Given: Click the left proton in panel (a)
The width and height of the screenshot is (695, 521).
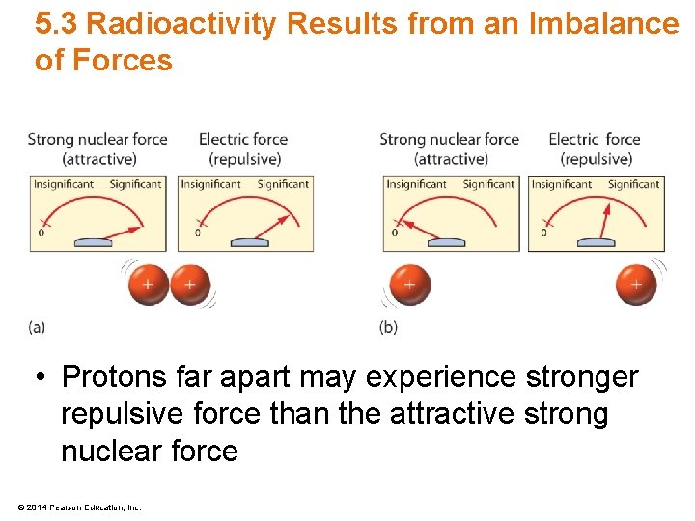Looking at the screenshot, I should (x=148, y=286).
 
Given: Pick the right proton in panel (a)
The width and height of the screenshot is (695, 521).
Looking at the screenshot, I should (x=190, y=286).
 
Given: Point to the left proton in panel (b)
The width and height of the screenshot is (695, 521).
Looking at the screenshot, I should (x=409, y=286).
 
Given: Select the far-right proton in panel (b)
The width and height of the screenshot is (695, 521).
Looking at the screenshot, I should (x=636, y=285).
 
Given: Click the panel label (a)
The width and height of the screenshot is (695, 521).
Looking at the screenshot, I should (x=37, y=328).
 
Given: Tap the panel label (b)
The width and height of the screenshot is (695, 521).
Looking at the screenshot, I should (x=388, y=328).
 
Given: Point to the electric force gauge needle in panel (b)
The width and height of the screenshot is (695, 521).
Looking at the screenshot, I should (x=606, y=223).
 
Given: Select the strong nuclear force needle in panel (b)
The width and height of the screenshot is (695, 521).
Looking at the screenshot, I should (x=420, y=229).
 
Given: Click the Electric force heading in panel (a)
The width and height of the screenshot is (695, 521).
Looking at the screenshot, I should (x=243, y=149).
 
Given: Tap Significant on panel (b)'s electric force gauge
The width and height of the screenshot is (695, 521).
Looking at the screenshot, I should (x=634, y=184).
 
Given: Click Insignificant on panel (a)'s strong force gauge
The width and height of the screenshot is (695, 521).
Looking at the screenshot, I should (x=64, y=184).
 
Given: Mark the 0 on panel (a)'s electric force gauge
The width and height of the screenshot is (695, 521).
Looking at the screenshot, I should (x=198, y=233).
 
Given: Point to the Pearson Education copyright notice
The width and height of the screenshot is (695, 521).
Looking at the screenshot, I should (x=79, y=507).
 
